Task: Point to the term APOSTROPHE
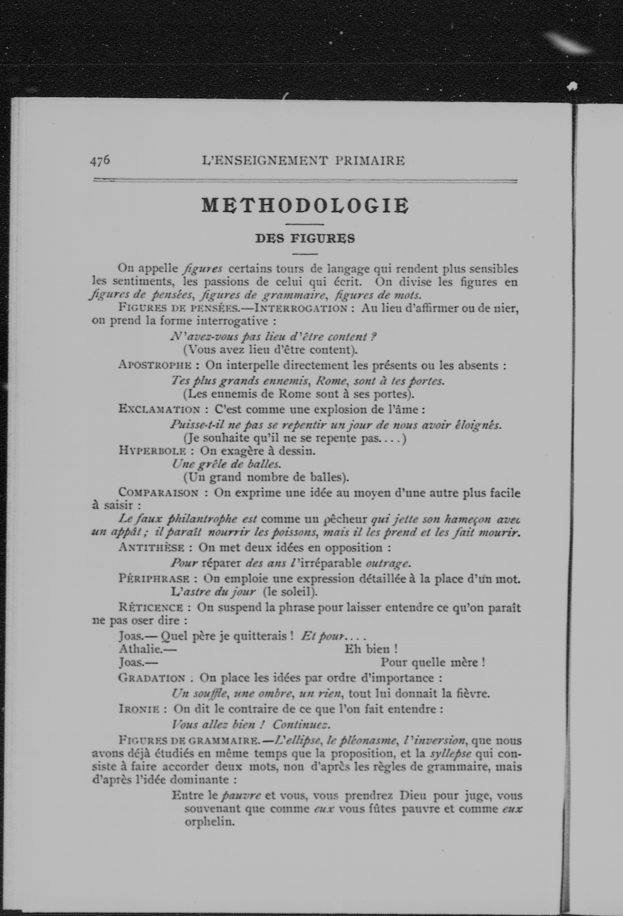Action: [155, 365]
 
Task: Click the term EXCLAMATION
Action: [159, 409]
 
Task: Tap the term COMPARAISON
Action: [159, 493]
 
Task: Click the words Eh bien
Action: [370, 649]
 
